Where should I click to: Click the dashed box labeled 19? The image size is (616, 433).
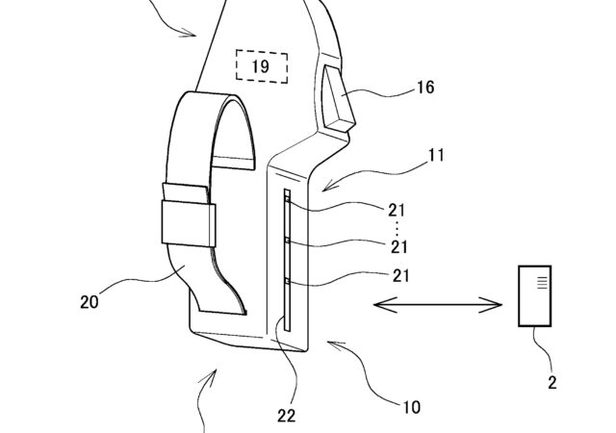coord(262,66)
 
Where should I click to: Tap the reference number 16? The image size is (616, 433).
coord(425,87)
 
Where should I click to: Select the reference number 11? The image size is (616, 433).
coord(436,156)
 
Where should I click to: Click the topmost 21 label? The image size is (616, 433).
coord(397,211)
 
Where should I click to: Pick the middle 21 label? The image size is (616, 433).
coord(399,246)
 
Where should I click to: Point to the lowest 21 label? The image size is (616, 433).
coord(400,276)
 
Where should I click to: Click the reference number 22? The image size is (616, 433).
coord(287,416)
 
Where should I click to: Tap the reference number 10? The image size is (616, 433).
coord(411,407)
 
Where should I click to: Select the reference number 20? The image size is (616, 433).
coord(90,302)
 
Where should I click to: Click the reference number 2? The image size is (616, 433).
coord(552,382)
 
